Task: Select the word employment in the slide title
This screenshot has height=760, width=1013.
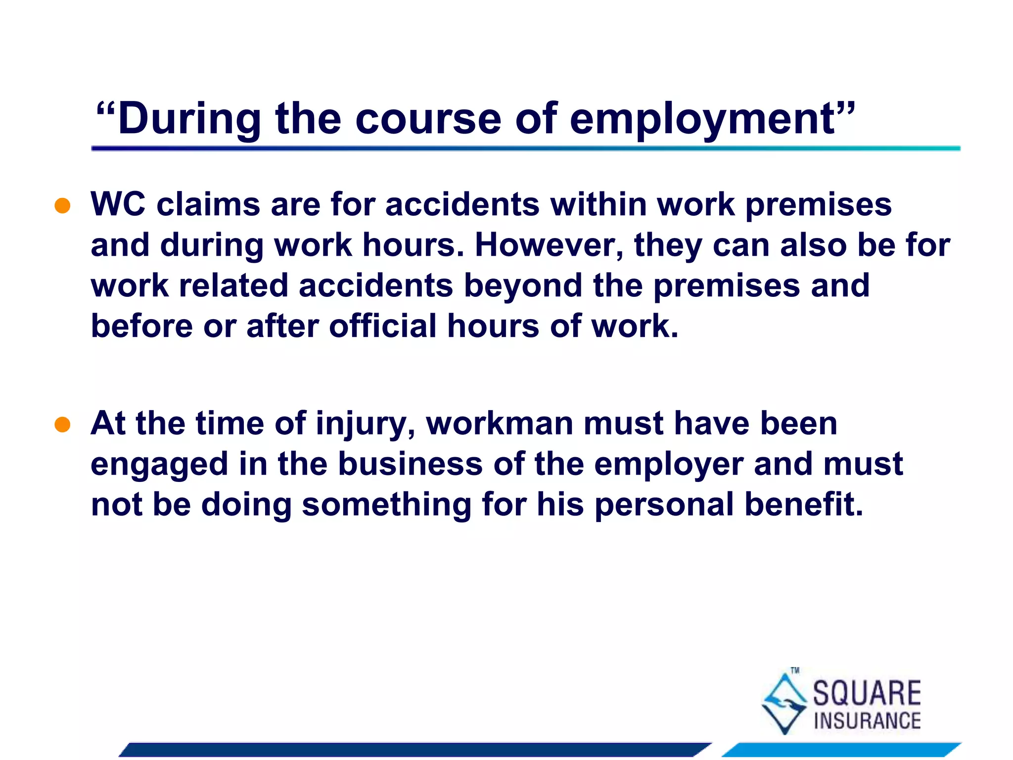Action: click(702, 119)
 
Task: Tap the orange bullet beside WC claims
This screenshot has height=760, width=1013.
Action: click(62, 205)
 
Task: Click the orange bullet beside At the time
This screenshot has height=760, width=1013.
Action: click(62, 425)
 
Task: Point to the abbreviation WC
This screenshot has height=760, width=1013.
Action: click(118, 204)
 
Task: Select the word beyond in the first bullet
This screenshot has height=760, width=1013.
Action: click(523, 286)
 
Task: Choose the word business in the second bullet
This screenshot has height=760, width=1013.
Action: click(410, 464)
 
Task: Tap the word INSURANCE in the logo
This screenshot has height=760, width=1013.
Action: click(867, 721)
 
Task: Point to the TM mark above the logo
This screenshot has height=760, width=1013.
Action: click(795, 670)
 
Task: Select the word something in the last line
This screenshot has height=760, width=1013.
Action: click(386, 505)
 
